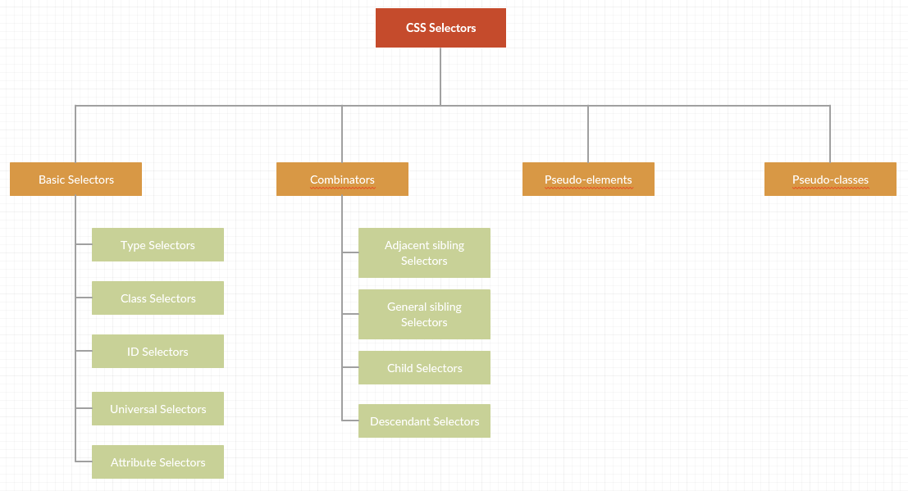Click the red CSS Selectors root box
[x=440, y=28]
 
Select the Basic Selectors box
[x=75, y=180]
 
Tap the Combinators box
[x=342, y=180]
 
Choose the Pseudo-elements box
[x=588, y=180]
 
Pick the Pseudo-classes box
[x=830, y=180]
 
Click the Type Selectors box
[x=157, y=245]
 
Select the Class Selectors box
[x=157, y=298]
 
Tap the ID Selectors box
[x=157, y=352]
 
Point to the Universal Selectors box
[x=157, y=409]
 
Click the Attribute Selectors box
[x=157, y=462]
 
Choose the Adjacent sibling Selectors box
[x=424, y=253]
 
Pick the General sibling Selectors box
[x=424, y=315]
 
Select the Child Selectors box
[x=424, y=368]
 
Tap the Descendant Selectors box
[x=424, y=421]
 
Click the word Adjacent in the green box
[x=405, y=245]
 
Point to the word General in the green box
[x=408, y=307]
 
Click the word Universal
[x=133, y=409]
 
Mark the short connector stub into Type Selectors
[x=84, y=244]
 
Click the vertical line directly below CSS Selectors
[x=440, y=76]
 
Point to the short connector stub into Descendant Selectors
[x=350, y=421]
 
